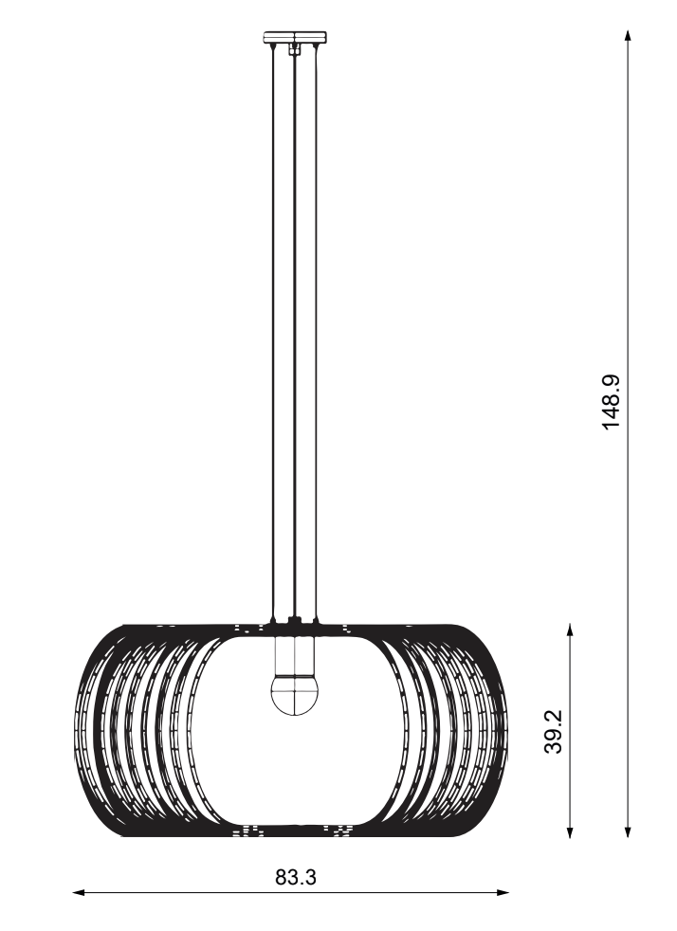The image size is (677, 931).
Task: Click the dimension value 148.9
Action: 611,401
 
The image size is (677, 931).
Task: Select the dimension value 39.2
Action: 554,732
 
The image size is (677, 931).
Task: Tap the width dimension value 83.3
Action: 296,876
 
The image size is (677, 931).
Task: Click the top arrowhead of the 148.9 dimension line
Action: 628,36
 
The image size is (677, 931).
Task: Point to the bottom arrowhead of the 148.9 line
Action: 628,831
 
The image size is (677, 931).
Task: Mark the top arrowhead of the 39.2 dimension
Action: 570,630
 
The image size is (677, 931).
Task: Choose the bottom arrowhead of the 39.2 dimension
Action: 570,831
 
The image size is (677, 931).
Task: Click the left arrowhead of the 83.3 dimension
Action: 79,892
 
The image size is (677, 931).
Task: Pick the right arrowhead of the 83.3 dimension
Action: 502,892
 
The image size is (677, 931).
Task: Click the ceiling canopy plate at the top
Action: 295,37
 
